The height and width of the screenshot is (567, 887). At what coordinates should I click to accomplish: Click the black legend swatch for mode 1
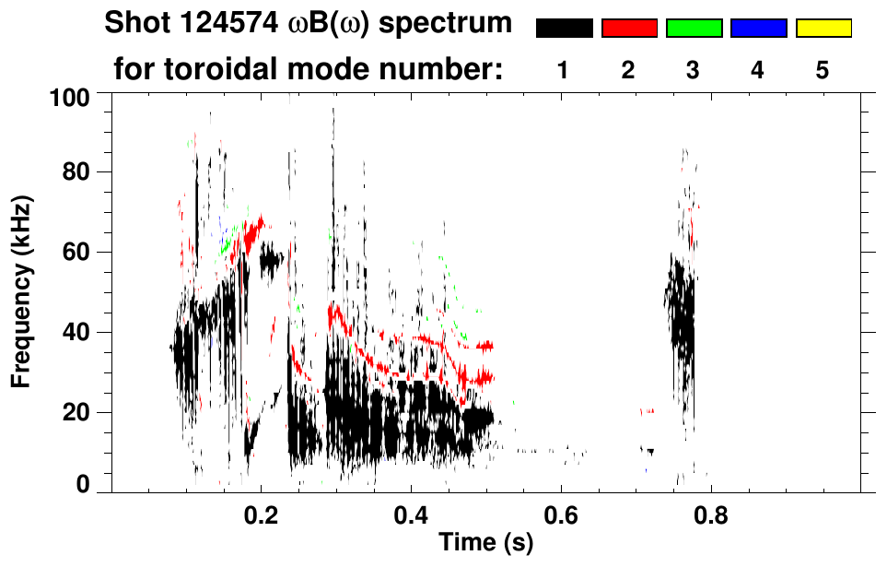pyautogui.click(x=565, y=29)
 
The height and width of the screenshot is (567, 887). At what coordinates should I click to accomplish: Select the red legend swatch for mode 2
pyautogui.click(x=629, y=29)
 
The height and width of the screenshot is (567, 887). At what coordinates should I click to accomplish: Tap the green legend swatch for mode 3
pyautogui.click(x=694, y=29)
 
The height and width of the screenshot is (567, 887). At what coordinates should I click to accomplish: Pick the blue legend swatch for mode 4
pyautogui.click(x=758, y=29)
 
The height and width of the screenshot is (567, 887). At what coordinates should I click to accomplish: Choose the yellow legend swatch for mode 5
pyautogui.click(x=823, y=29)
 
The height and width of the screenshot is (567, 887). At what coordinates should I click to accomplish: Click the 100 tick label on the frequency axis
pyautogui.click(x=70, y=96)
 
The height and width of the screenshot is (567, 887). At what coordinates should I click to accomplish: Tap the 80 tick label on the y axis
pyautogui.click(x=76, y=172)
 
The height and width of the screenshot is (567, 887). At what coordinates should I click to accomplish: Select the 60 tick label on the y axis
pyautogui.click(x=76, y=253)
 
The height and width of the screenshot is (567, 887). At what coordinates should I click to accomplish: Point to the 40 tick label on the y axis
pyautogui.click(x=76, y=333)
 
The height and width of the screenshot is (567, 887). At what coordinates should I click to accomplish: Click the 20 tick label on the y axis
pyautogui.click(x=76, y=413)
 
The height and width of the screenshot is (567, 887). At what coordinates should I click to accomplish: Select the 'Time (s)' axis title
pyautogui.click(x=485, y=544)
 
